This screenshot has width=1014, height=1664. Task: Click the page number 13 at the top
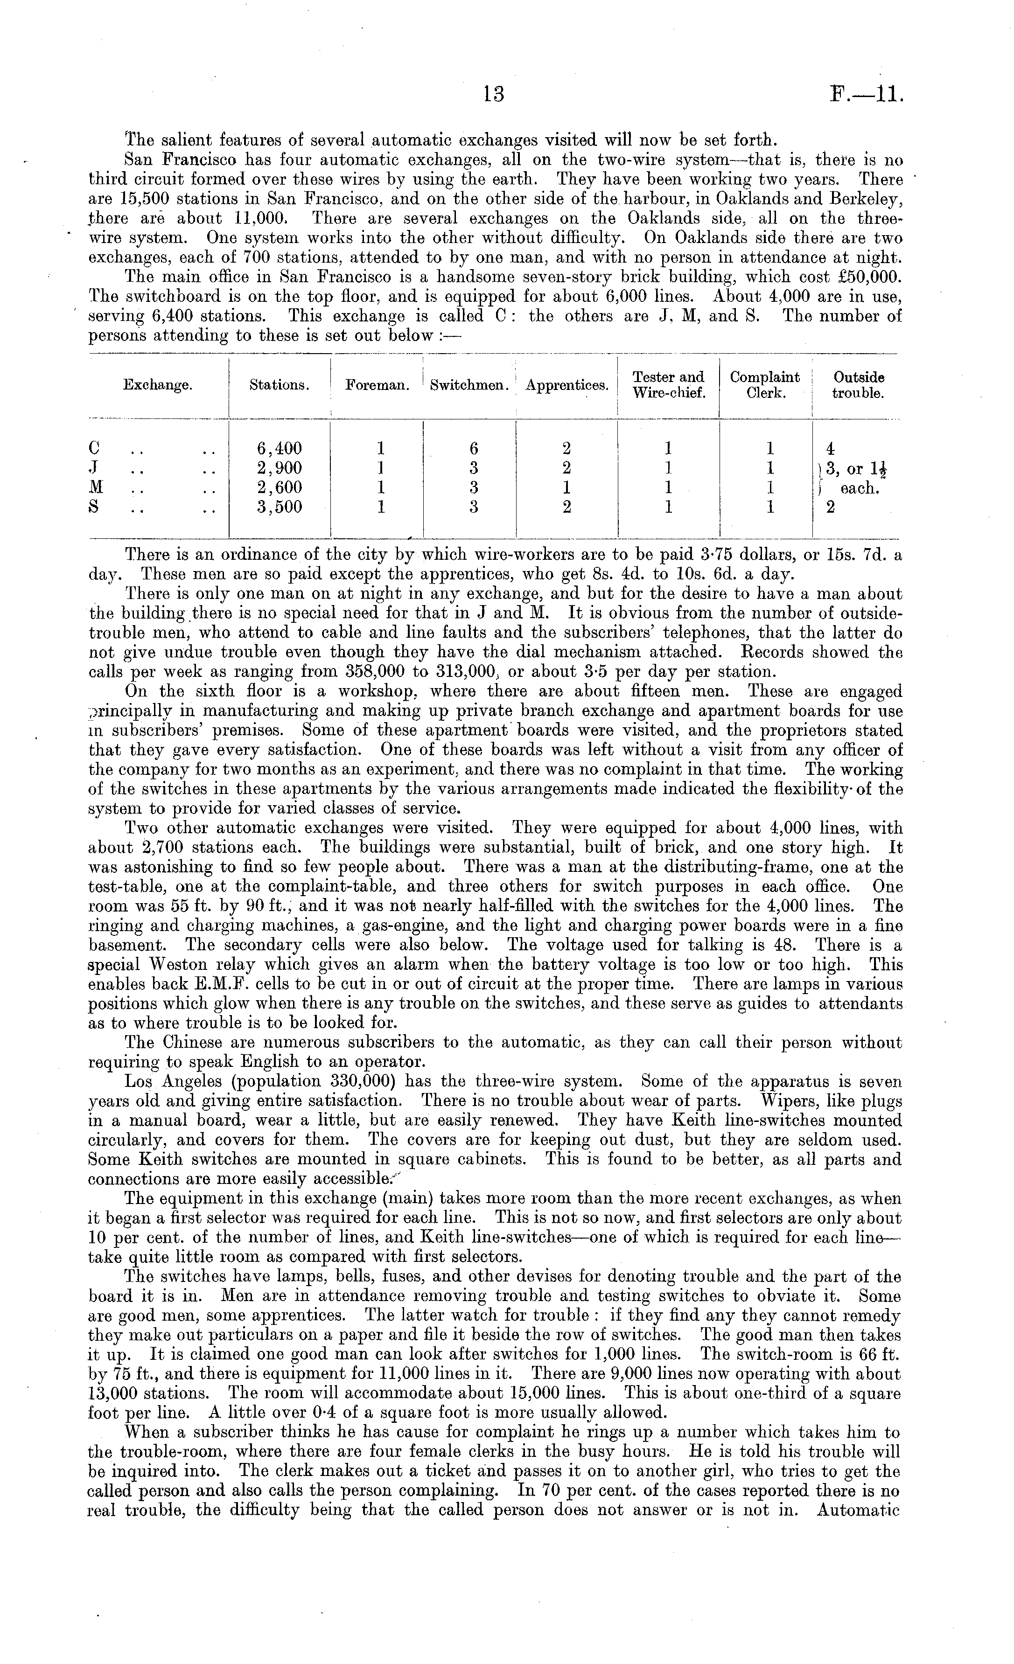pos(494,94)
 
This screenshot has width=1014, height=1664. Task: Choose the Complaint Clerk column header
pos(765,385)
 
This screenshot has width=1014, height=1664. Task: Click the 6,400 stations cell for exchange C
pos(279,448)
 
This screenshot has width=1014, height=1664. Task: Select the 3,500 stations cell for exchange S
pos(279,507)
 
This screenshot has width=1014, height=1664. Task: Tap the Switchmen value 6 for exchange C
pos(474,448)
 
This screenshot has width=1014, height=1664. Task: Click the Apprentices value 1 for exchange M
pos(567,487)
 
